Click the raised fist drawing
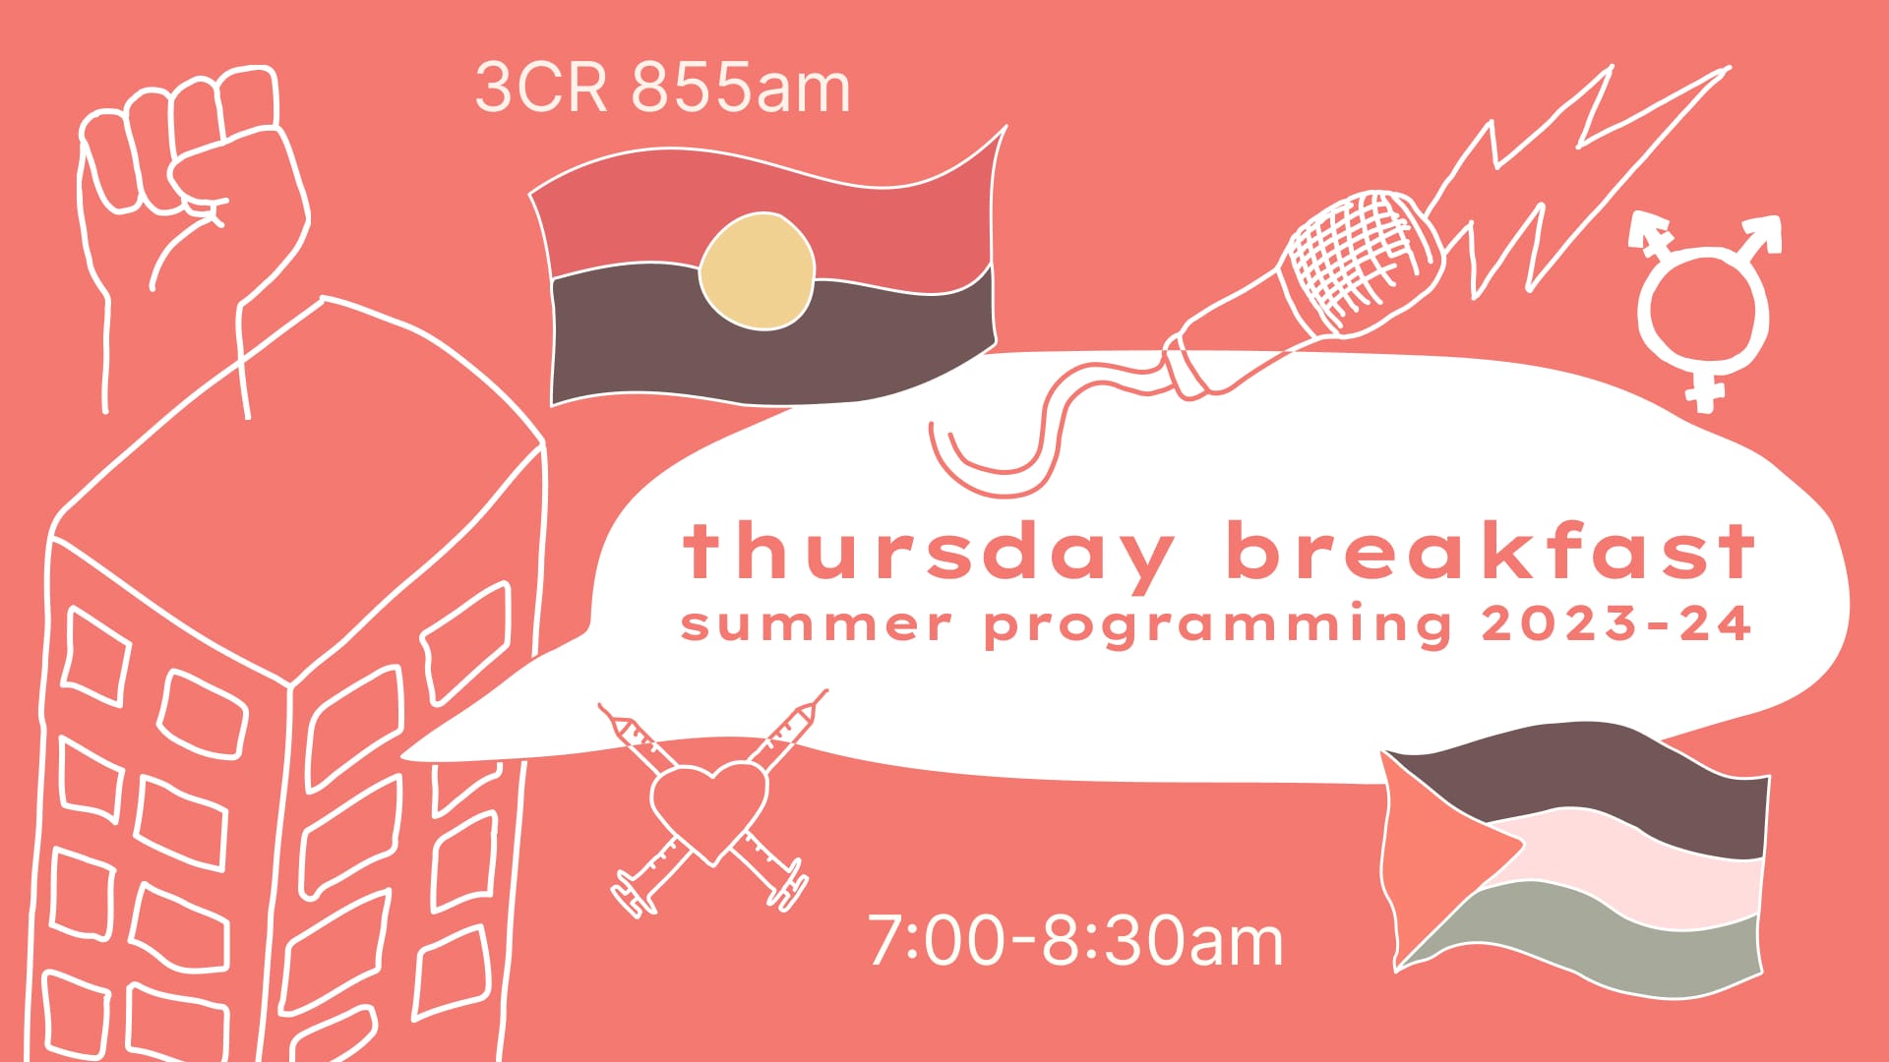point(192,187)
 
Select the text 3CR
point(541,88)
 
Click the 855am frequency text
point(740,88)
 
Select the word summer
point(816,625)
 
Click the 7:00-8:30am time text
point(1075,941)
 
